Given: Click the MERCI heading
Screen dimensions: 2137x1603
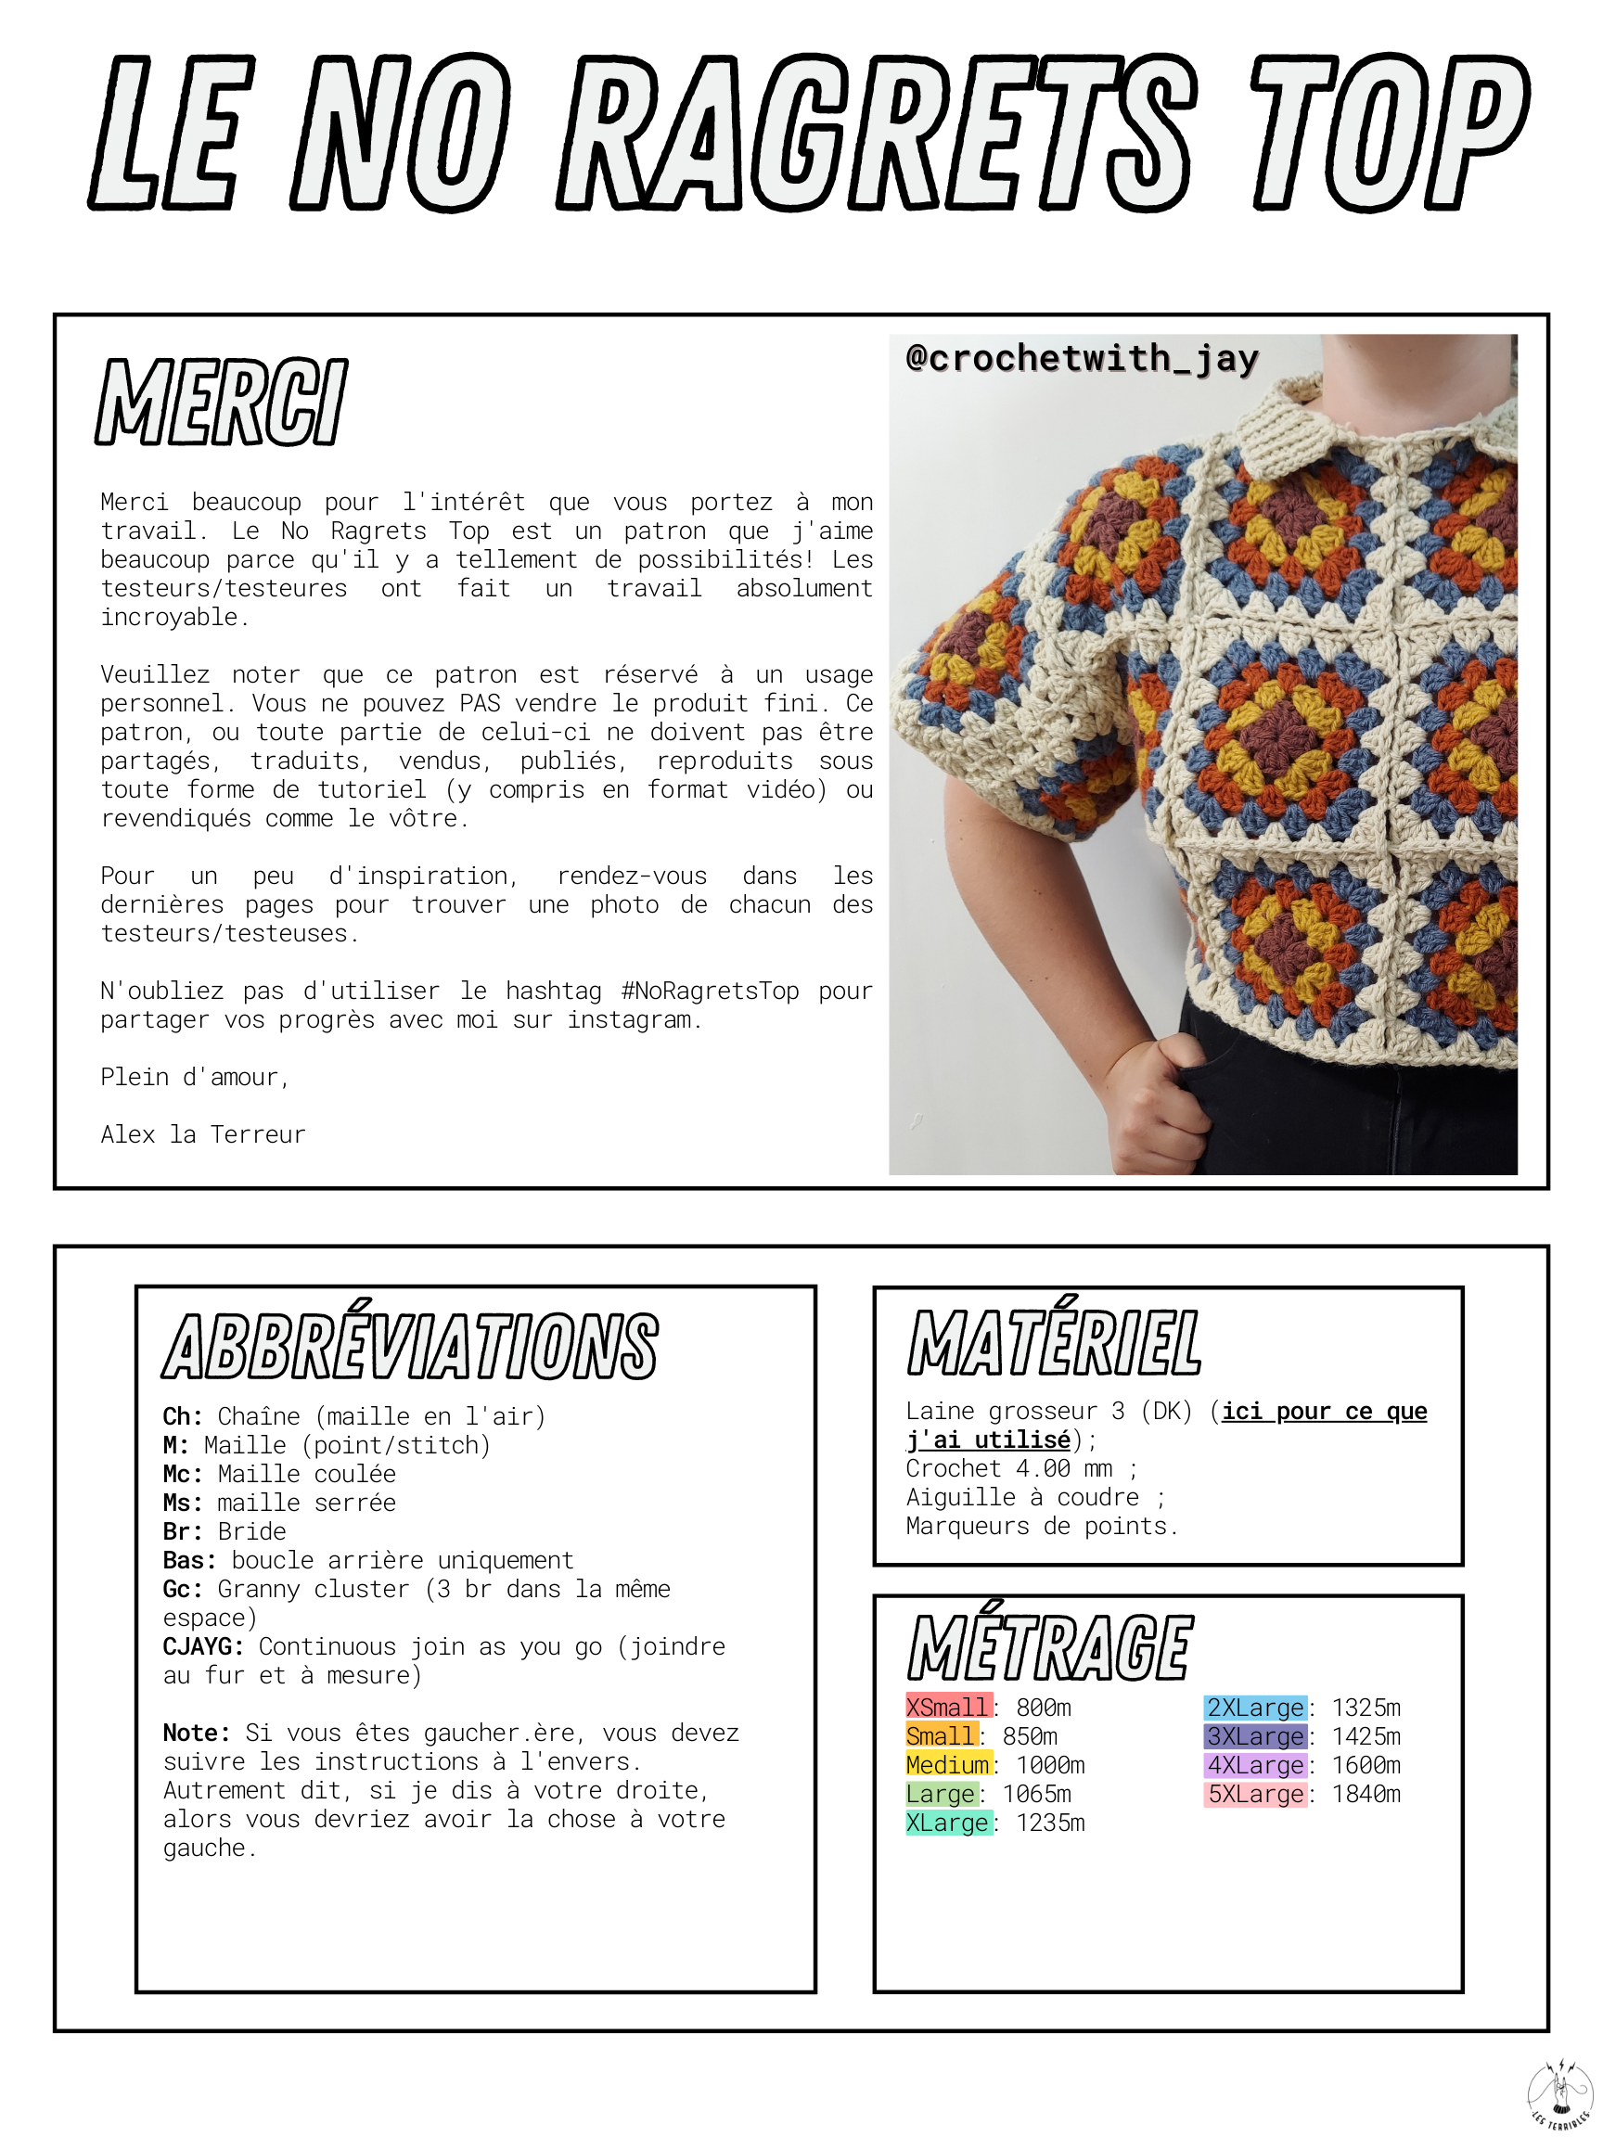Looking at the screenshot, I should point(222,403).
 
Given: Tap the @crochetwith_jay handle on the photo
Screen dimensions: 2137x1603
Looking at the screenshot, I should point(1082,358).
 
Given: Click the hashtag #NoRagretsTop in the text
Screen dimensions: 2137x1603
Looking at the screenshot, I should point(711,992).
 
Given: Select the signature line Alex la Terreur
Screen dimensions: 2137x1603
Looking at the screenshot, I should point(203,1134).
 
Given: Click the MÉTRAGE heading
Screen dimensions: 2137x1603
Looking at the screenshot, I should point(1050,1647).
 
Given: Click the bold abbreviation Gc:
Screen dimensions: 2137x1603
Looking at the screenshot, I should point(183,1589).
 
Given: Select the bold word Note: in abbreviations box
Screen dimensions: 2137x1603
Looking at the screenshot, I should point(196,1733).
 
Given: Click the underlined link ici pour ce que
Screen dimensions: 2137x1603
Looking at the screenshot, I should point(1324,1412).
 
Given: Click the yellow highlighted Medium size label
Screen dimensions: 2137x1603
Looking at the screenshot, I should point(947,1765).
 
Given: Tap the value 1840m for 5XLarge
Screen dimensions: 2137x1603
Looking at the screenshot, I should point(1366,1794).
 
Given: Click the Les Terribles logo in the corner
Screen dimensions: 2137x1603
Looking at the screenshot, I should point(1558,2093).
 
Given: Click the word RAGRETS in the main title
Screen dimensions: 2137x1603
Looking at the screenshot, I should point(875,134).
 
